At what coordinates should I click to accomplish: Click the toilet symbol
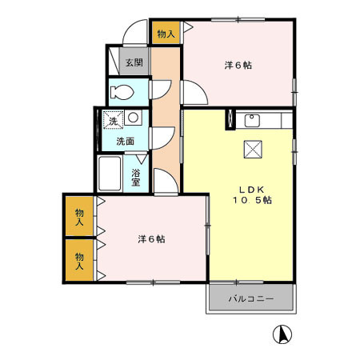[x=125, y=90]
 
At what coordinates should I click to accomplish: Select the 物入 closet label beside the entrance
[x=166, y=34]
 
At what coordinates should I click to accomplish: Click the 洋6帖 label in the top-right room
[x=238, y=66]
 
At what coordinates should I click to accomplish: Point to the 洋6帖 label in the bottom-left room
[x=150, y=238]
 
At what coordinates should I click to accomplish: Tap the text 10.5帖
[x=252, y=200]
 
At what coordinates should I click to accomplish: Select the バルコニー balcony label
[x=251, y=298]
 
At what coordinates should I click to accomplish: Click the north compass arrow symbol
[x=282, y=334]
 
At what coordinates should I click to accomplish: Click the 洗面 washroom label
[x=125, y=141]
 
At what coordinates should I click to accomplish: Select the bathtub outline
[x=110, y=174]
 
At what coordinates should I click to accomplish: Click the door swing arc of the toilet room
[x=159, y=89]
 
